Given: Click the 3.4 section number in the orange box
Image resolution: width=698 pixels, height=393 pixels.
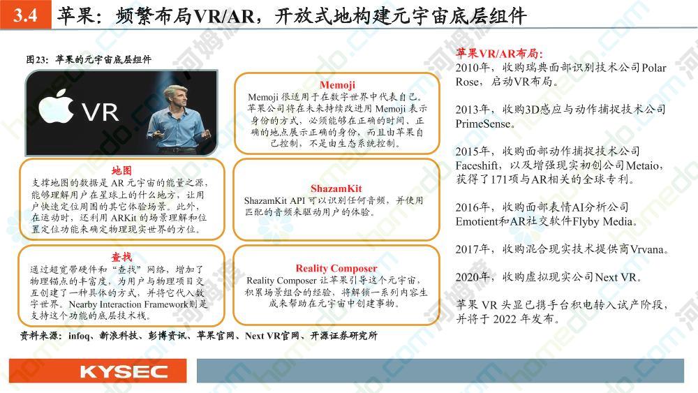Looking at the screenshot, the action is coord(25,15).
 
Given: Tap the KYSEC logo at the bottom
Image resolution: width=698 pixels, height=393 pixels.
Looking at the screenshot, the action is coord(124,371).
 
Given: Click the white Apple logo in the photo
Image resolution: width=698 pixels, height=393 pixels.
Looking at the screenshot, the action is coord(56,105).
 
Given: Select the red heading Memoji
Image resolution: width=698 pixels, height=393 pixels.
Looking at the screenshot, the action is coord(337,85).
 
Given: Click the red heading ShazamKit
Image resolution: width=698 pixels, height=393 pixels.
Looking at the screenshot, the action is coord(336,188).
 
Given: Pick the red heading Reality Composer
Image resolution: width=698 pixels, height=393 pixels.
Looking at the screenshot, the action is coord(336,268).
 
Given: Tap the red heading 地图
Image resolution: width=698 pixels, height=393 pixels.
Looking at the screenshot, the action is coord(121,170).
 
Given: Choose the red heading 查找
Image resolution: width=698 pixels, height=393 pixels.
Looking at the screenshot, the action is coord(121,257).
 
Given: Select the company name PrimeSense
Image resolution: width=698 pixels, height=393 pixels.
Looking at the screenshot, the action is coord(482,124).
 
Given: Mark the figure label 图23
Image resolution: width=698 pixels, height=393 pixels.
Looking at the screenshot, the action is coord(36,59).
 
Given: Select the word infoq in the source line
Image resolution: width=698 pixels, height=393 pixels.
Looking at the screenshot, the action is coord(79,336).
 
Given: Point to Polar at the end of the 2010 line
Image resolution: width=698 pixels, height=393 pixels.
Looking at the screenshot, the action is coord(654,68).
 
